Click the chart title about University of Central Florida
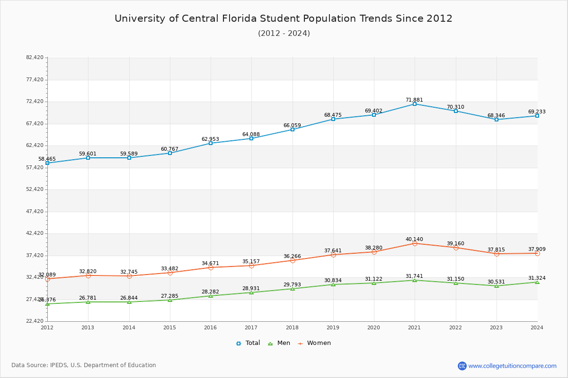pos(284,18)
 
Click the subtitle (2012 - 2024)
pos(284,34)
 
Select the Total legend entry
pos(248,343)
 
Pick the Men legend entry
pos(279,343)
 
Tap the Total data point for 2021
pos(415,104)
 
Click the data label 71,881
pos(414,100)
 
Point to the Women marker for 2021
pos(415,243)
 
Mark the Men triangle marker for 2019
pos(333,284)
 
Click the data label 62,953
pos(210,139)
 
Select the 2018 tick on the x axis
pos(292,327)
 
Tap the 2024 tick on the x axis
pos(537,327)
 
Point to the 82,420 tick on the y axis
pos(35,58)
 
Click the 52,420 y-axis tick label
pos(35,189)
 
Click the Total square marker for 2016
pos(211,143)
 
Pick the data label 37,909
pos(537,249)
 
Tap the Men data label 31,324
pos(537,278)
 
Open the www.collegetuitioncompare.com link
pos(512,366)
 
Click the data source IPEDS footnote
pos(84,365)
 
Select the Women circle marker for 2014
pos(129,276)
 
